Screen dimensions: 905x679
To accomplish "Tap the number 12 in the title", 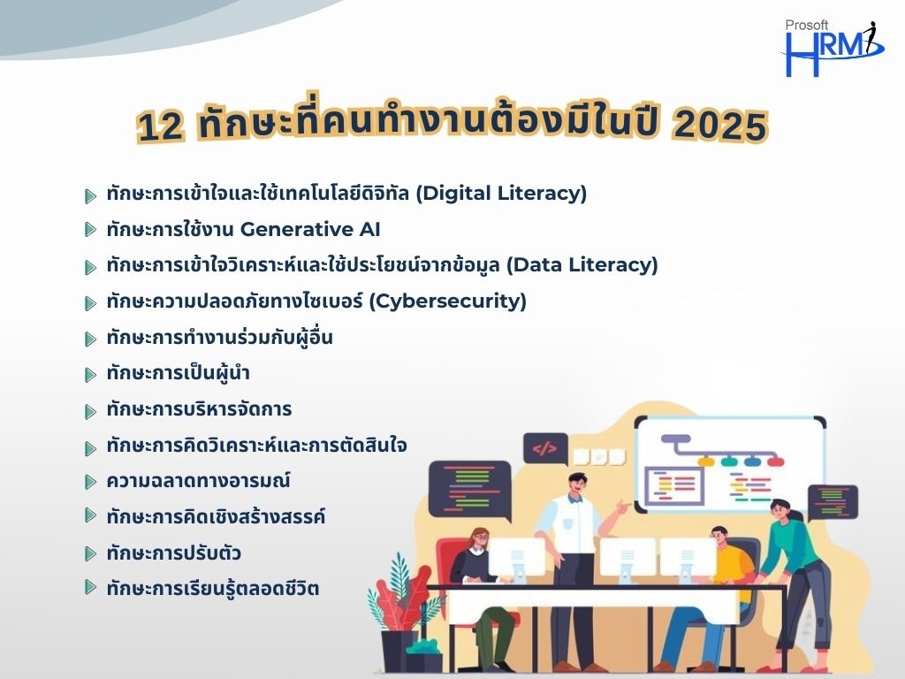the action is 161,126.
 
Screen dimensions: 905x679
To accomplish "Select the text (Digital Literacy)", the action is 502,193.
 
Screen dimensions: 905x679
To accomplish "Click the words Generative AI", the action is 310,229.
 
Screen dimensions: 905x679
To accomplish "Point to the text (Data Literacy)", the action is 582,265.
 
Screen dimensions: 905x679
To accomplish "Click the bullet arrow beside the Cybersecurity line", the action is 90,302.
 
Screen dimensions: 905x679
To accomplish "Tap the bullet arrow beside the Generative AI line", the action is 90,230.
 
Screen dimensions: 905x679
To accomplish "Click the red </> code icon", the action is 544,448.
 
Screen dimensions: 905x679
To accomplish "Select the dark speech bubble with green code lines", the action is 470,491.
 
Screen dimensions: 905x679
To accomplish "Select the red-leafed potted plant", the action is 403,612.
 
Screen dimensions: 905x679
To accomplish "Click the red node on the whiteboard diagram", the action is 776,462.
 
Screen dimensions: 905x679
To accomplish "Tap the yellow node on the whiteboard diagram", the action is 706,462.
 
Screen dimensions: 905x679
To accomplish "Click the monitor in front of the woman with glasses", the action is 516,558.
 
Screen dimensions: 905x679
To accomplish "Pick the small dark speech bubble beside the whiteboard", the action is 832,501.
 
